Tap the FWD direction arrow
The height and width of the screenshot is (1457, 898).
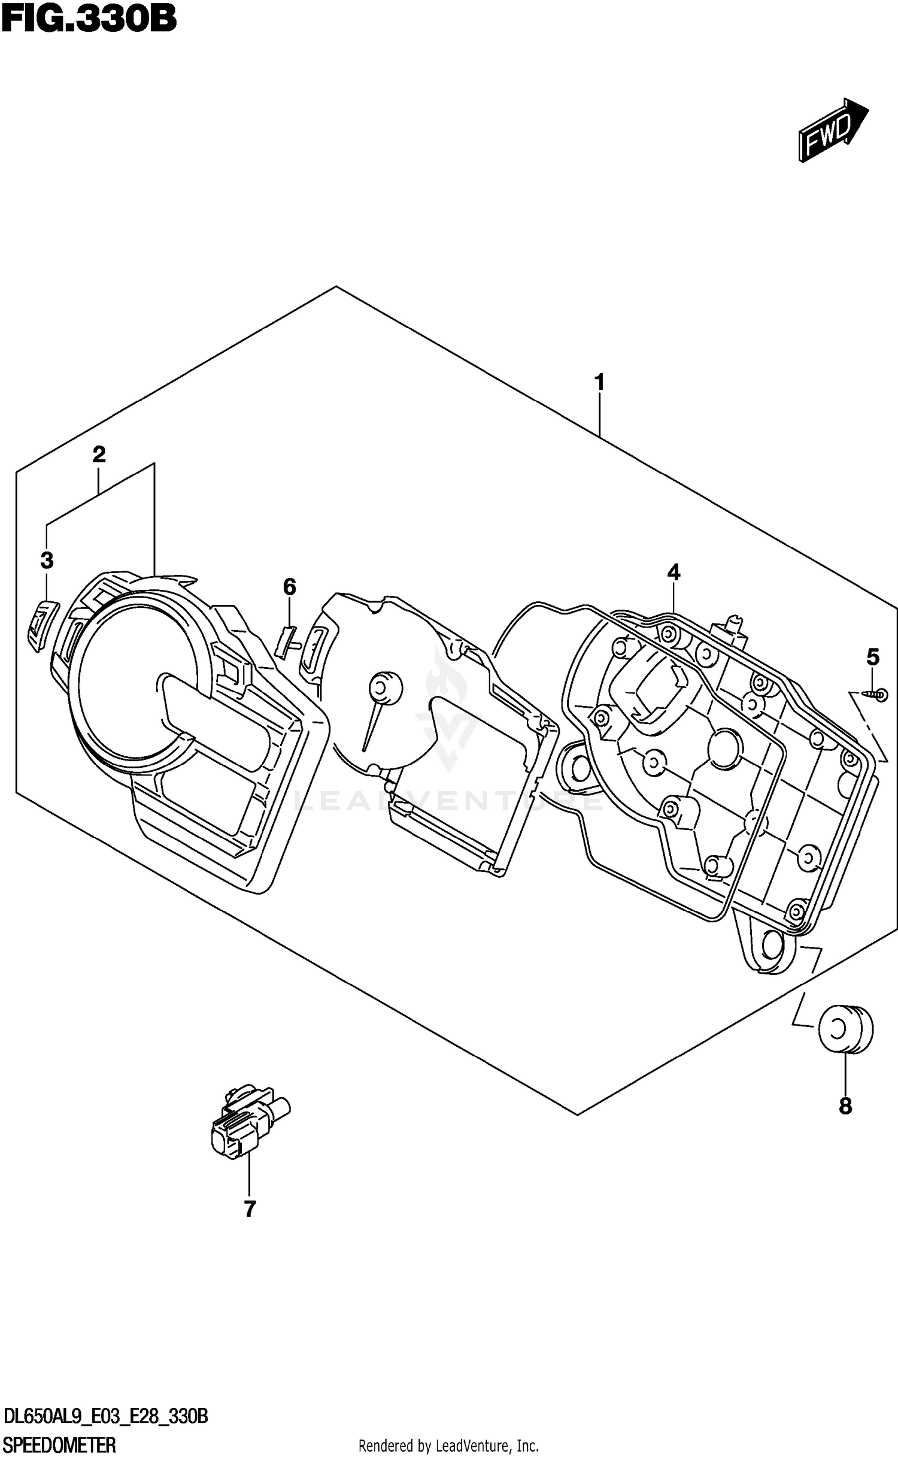(x=832, y=129)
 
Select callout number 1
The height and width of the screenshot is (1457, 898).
(x=599, y=381)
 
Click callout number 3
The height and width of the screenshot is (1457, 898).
(x=47, y=561)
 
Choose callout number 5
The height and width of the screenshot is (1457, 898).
(x=873, y=658)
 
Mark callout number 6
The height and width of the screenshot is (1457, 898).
(x=289, y=586)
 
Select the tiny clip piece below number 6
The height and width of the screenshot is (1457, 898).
(x=287, y=639)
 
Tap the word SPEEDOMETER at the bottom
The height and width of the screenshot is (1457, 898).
(x=59, y=1443)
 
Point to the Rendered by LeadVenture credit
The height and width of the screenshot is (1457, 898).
(x=448, y=1444)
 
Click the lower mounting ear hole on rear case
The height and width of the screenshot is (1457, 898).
(x=772, y=944)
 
